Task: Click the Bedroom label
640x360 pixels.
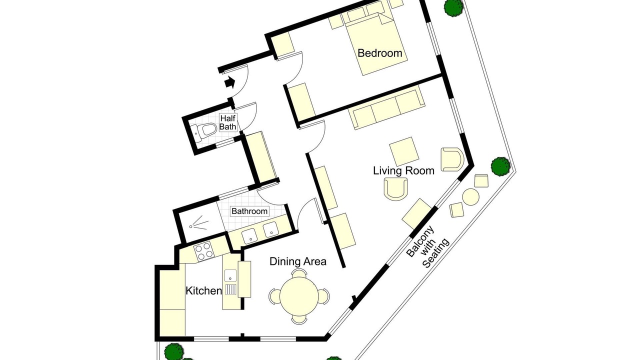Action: [x=379, y=53]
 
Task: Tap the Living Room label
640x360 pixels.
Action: [x=403, y=171]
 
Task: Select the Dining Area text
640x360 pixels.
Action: [x=298, y=261]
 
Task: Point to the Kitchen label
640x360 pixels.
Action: [x=203, y=291]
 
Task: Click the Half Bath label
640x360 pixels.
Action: [x=227, y=122]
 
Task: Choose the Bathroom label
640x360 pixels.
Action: [x=249, y=211]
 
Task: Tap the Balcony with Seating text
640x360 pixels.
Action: [x=427, y=247]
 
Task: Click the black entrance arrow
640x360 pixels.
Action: [x=229, y=82]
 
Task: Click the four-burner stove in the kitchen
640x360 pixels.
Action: [x=203, y=251]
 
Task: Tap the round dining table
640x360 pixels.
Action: [x=299, y=296]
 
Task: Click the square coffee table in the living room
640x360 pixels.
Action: [x=404, y=151]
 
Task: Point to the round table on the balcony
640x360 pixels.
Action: [x=470, y=197]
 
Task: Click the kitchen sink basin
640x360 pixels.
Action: [x=230, y=275]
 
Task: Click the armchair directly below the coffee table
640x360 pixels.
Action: [x=395, y=188]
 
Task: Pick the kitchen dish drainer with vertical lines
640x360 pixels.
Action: [x=231, y=289]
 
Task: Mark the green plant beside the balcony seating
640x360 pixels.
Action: [x=500, y=166]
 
